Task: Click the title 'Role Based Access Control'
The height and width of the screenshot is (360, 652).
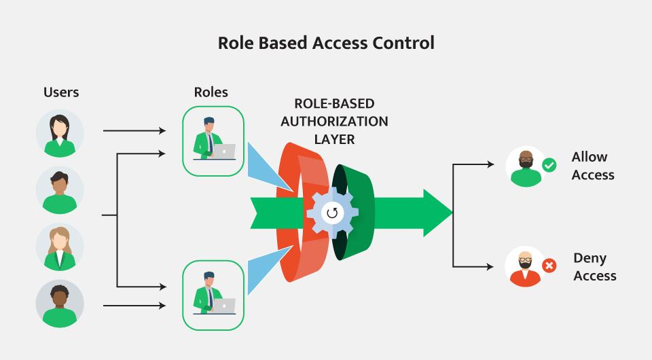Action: (x=326, y=43)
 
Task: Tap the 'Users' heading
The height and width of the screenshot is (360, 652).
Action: (x=61, y=92)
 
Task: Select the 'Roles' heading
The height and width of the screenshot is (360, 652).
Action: (x=211, y=92)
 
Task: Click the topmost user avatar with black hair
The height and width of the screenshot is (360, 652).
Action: (x=60, y=134)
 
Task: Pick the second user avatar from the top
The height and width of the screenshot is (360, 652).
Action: (x=60, y=190)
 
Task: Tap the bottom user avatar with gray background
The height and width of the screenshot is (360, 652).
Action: (x=60, y=304)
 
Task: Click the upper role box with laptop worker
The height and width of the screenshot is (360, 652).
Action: (x=213, y=141)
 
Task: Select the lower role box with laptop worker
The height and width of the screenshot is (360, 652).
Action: (x=213, y=295)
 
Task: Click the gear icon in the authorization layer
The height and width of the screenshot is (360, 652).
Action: (x=332, y=213)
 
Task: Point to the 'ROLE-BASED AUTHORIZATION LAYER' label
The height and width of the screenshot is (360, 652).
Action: (x=334, y=122)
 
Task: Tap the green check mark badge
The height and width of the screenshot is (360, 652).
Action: (x=549, y=164)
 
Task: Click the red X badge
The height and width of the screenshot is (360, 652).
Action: (x=549, y=266)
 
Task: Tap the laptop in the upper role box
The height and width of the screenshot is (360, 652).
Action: (x=223, y=151)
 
